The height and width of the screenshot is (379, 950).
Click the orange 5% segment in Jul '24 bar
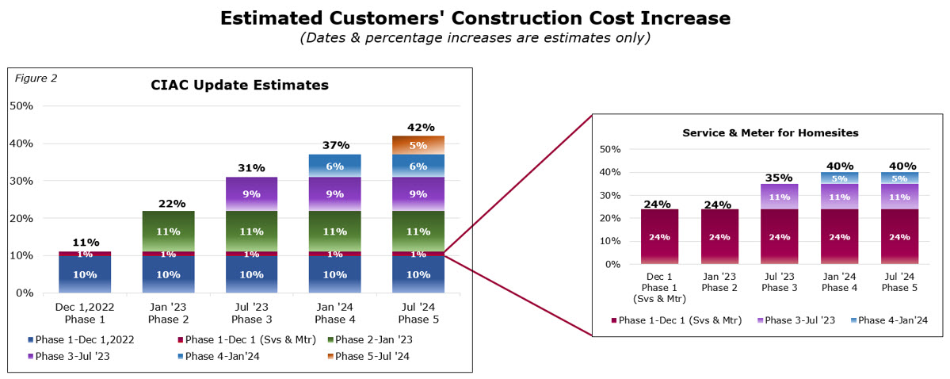[x=418, y=145]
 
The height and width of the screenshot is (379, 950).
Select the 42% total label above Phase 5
[x=418, y=127]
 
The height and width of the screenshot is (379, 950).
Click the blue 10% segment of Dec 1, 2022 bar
[x=84, y=274]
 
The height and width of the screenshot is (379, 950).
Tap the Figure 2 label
[x=37, y=78]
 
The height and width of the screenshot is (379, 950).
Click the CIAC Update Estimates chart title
[x=240, y=85]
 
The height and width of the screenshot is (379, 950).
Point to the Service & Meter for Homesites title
[x=770, y=132]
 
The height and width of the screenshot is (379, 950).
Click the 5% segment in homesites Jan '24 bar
[x=839, y=178]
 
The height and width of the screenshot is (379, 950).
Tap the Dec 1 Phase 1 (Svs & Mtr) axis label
[x=660, y=288]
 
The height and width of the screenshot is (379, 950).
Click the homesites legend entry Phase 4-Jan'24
[x=888, y=320]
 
